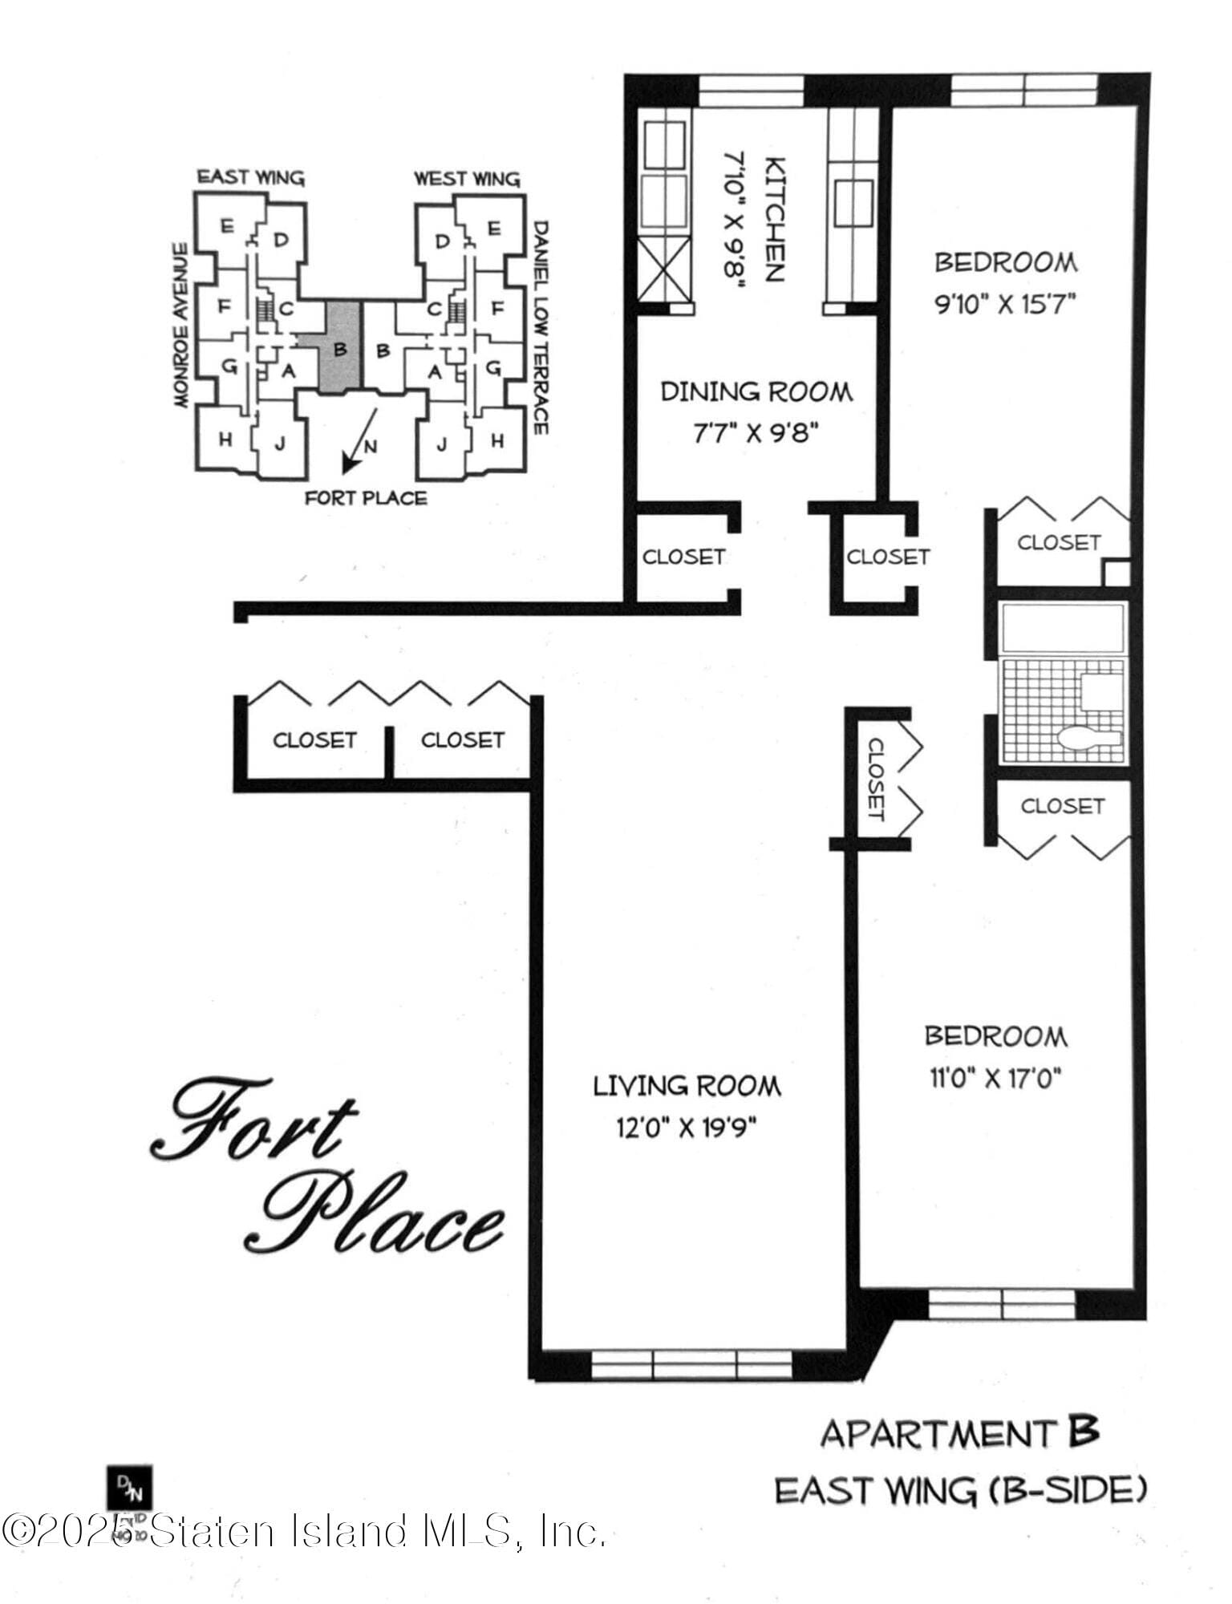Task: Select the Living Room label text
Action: click(687, 1086)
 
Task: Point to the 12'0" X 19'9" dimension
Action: click(687, 1128)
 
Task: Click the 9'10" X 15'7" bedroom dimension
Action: click(1006, 305)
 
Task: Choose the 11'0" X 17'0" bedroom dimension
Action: click(995, 1079)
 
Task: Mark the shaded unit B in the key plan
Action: click(340, 349)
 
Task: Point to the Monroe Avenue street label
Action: click(182, 325)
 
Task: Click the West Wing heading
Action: click(467, 178)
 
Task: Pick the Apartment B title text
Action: click(958, 1432)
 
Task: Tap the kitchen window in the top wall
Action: click(750, 91)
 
